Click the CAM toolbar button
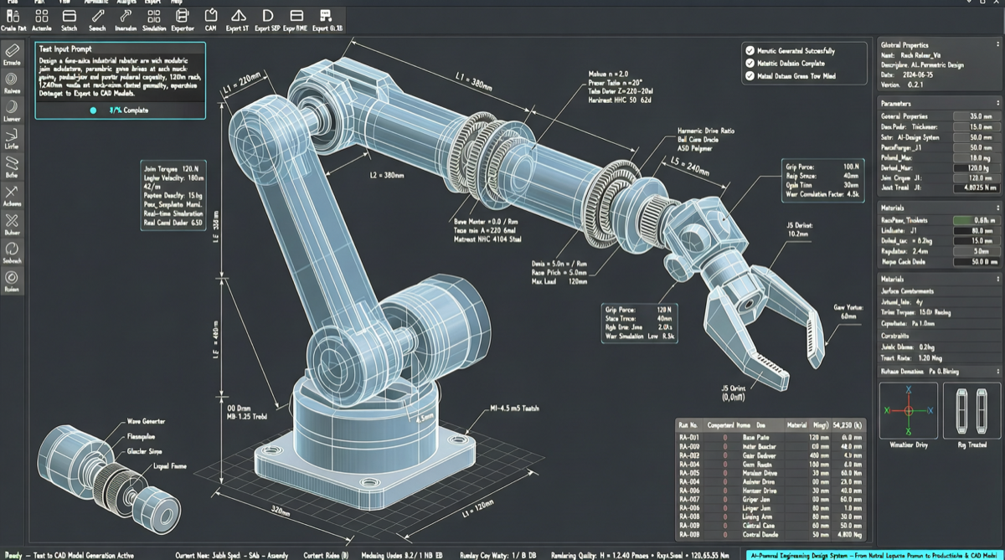210,18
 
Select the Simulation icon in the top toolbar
154,18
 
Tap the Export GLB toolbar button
327,18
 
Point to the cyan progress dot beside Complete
93,110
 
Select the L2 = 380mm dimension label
386,176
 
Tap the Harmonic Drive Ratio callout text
705,131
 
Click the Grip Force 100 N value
851,167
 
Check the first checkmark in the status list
750,51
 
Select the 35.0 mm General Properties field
976,116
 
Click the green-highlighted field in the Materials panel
976,220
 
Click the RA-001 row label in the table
690,438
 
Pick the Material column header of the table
796,425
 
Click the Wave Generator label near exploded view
147,420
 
